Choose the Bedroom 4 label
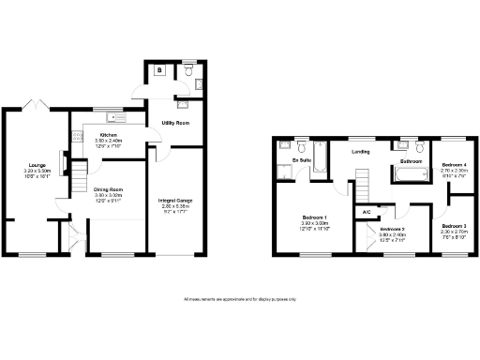pos(453,166)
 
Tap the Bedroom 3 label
pos(453,226)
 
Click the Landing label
pos(360,151)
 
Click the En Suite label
pos(302,160)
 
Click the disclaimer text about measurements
pos(240,299)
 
